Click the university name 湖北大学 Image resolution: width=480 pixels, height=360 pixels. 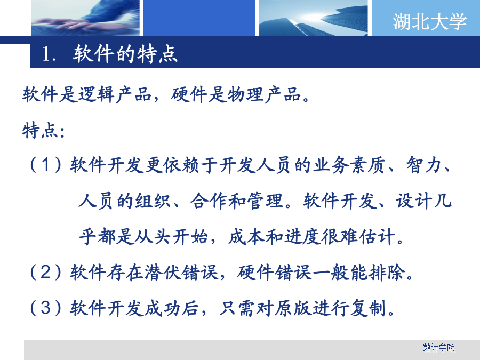point(430,21)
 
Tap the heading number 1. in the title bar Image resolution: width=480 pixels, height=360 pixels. point(49,54)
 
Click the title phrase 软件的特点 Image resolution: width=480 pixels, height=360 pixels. point(125,54)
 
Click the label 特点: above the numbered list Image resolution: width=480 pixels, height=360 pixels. point(43,130)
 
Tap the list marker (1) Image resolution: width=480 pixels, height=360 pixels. point(45,165)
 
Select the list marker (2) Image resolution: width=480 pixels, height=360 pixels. point(45,272)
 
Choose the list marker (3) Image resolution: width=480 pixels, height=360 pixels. point(45,308)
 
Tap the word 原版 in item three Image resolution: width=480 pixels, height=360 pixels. point(293,308)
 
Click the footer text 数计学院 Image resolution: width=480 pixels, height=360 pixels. point(439,347)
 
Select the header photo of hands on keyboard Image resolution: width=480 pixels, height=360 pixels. point(85,18)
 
